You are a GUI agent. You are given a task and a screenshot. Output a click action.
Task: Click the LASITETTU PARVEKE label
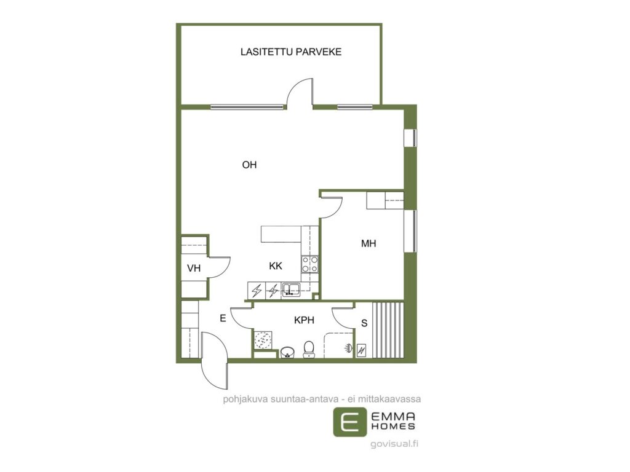coord(291,52)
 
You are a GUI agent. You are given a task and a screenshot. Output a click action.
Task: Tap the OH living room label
coord(249,165)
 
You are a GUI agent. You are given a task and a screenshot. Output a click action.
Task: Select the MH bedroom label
coord(369,243)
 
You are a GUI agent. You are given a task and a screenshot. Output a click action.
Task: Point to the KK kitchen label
coord(276,265)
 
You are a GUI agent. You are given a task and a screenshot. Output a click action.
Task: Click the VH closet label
coord(194,268)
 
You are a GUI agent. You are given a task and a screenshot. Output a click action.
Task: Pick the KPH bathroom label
coord(304,320)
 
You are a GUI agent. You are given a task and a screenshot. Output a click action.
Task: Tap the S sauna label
coord(364,323)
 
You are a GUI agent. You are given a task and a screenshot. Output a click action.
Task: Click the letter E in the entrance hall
coord(223,318)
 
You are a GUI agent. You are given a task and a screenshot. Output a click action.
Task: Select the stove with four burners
coord(310,264)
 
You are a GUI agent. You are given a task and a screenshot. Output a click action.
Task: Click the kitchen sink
coord(291,289)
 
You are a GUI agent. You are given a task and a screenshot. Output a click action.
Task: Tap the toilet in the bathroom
coord(309,349)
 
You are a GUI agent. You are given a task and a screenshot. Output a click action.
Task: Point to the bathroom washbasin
coord(287,352)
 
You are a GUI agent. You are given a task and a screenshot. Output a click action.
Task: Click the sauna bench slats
coord(388,330)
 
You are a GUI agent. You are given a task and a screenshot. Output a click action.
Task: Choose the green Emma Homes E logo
coord(350,422)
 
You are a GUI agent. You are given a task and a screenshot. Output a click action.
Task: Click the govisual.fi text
coord(394,444)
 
